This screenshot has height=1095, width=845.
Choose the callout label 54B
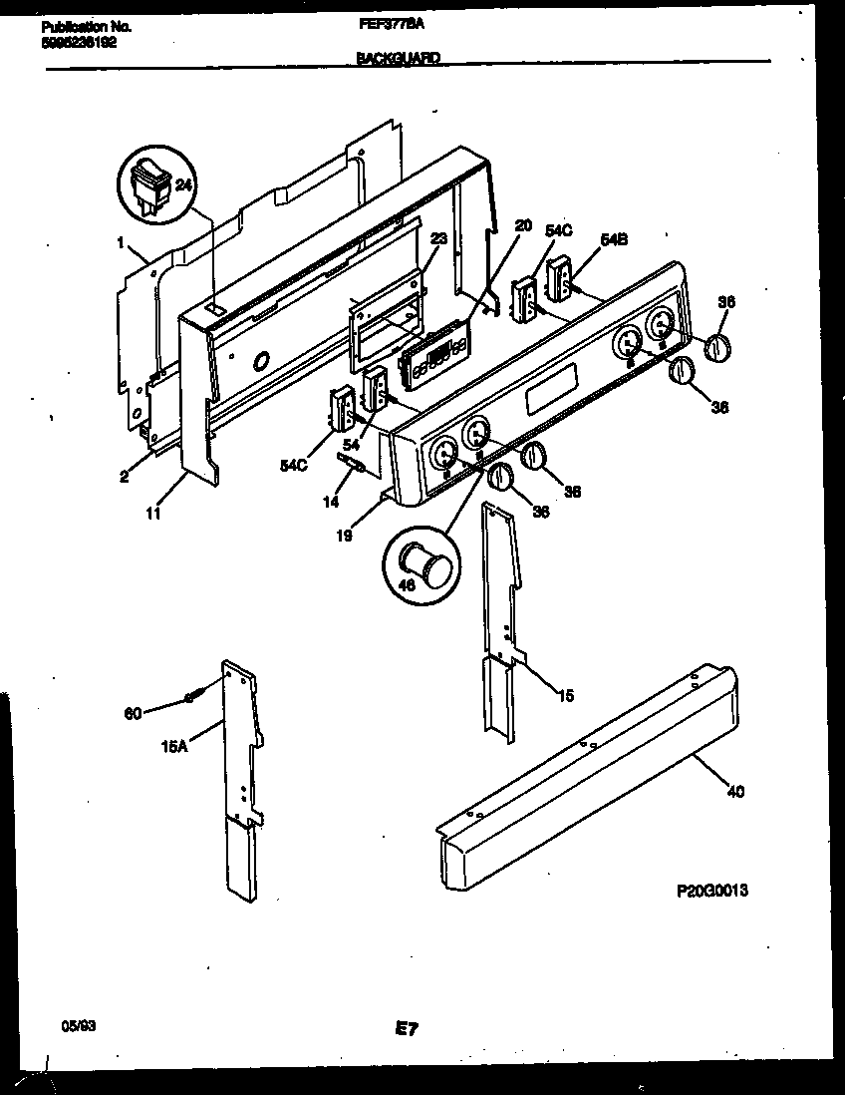pyautogui.click(x=615, y=239)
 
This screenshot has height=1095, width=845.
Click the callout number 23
pyautogui.click(x=439, y=239)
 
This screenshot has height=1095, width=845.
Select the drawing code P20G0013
pyautogui.click(x=711, y=890)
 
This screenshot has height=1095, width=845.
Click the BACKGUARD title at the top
pyautogui.click(x=398, y=59)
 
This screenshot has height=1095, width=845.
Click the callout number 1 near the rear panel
pyautogui.click(x=121, y=241)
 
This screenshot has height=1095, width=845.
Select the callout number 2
pyautogui.click(x=125, y=476)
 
